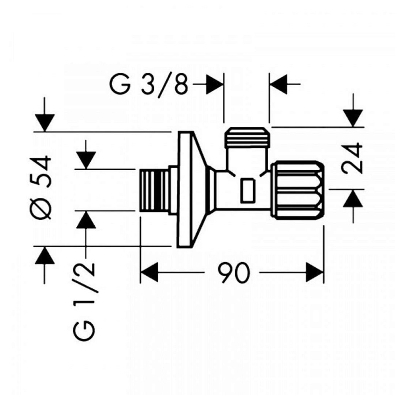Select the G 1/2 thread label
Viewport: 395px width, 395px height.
pyautogui.click(x=84, y=301)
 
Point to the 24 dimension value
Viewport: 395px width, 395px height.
pyautogui.click(x=352, y=158)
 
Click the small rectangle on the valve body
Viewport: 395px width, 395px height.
pyautogui.click(x=247, y=191)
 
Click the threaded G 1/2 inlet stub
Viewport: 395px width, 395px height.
pyautogui.click(x=154, y=191)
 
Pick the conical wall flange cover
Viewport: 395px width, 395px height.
pyautogui.click(x=191, y=189)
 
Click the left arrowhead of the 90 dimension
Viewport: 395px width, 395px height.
pyautogui.click(x=149, y=272)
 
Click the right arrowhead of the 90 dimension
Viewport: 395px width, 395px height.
pyautogui.click(x=315, y=272)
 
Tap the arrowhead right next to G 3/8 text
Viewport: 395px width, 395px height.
pyautogui.click(x=215, y=84)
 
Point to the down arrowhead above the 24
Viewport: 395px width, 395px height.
pyautogui.click(x=353, y=118)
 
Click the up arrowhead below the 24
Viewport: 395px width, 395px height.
pyautogui.click(x=353, y=198)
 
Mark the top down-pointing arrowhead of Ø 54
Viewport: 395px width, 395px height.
pyautogui.click(x=45, y=123)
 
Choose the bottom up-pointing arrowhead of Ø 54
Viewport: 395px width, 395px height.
pyautogui.click(x=45, y=255)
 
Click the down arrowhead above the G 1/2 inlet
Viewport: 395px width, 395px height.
pyautogui.click(x=86, y=160)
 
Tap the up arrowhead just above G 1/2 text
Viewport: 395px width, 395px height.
pyautogui.click(x=86, y=219)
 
